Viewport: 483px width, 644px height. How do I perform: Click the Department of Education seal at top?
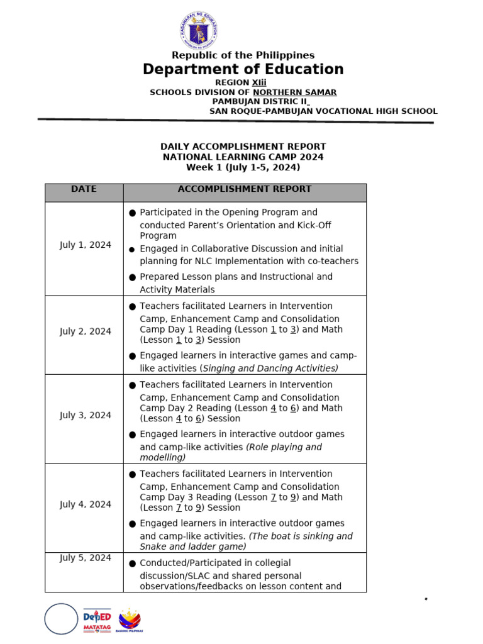[x=198, y=31]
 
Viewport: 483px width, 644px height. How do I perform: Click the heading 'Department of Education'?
[x=243, y=69]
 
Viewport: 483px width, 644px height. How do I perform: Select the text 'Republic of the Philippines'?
[x=243, y=55]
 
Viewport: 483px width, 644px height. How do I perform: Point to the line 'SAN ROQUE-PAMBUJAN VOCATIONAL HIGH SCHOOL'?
[x=323, y=111]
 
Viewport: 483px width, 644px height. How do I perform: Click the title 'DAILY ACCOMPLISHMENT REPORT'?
[x=243, y=147]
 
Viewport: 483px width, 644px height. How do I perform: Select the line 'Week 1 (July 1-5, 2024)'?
[x=243, y=167]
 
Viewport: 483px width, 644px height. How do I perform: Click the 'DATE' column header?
[x=84, y=189]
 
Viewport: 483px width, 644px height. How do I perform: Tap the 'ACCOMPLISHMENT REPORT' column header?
[x=244, y=189]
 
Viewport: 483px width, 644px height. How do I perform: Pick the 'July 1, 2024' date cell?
[x=86, y=245]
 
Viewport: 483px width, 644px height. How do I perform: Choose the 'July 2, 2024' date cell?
[x=86, y=331]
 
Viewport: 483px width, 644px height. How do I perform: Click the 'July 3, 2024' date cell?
[x=86, y=415]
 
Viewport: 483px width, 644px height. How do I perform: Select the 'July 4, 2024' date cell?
[x=86, y=504]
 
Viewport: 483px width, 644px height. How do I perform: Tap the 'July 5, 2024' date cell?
[x=86, y=558]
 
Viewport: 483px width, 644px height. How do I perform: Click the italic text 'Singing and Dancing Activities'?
[x=270, y=369]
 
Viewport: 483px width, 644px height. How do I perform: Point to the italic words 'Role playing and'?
[x=284, y=447]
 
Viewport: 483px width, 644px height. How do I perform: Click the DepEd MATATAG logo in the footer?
[x=97, y=619]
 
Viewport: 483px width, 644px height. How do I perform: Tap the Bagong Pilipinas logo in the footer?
[x=130, y=619]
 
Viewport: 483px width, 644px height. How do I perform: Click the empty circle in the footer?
[x=61, y=619]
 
